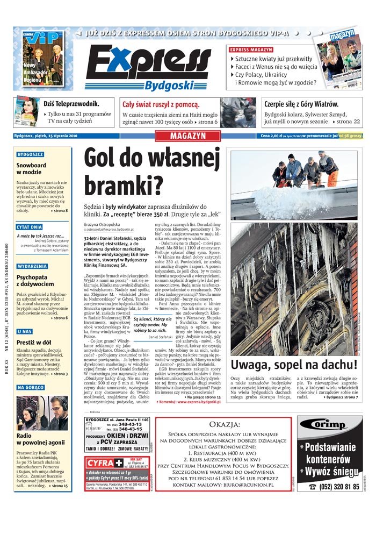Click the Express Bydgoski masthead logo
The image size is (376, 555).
pos(148,67)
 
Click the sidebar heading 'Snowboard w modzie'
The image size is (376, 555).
pos(31,169)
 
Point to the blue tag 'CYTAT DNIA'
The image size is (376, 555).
pos(30,227)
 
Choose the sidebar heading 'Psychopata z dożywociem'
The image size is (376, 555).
pos(35,280)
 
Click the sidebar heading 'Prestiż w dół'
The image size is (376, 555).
pos(33,342)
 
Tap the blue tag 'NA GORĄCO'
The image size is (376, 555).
pos(30,387)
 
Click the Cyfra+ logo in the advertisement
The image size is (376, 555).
pos(104,462)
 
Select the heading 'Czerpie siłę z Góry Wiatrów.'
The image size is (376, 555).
pos(301,104)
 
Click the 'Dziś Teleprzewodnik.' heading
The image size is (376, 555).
pos(71,104)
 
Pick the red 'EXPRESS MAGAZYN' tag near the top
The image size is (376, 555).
pos(251,49)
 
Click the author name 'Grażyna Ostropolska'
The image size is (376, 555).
pos(102,224)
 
